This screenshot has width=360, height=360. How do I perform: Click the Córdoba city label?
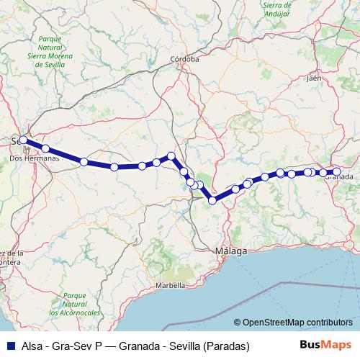pyautogui.click(x=186, y=60)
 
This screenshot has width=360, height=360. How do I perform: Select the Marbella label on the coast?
pyautogui.click(x=171, y=285)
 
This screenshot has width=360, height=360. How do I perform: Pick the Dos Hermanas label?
pyautogui.click(x=27, y=158)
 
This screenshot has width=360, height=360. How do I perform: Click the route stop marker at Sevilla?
pyautogui.click(x=23, y=140)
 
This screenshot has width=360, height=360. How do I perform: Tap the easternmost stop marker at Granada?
pyautogui.click(x=336, y=171)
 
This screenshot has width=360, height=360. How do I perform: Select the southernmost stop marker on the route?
pyautogui.click(x=212, y=200)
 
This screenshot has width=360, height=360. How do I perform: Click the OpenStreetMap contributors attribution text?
pyautogui.click(x=297, y=323)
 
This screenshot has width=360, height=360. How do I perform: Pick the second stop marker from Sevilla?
pyautogui.click(x=45, y=148)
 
